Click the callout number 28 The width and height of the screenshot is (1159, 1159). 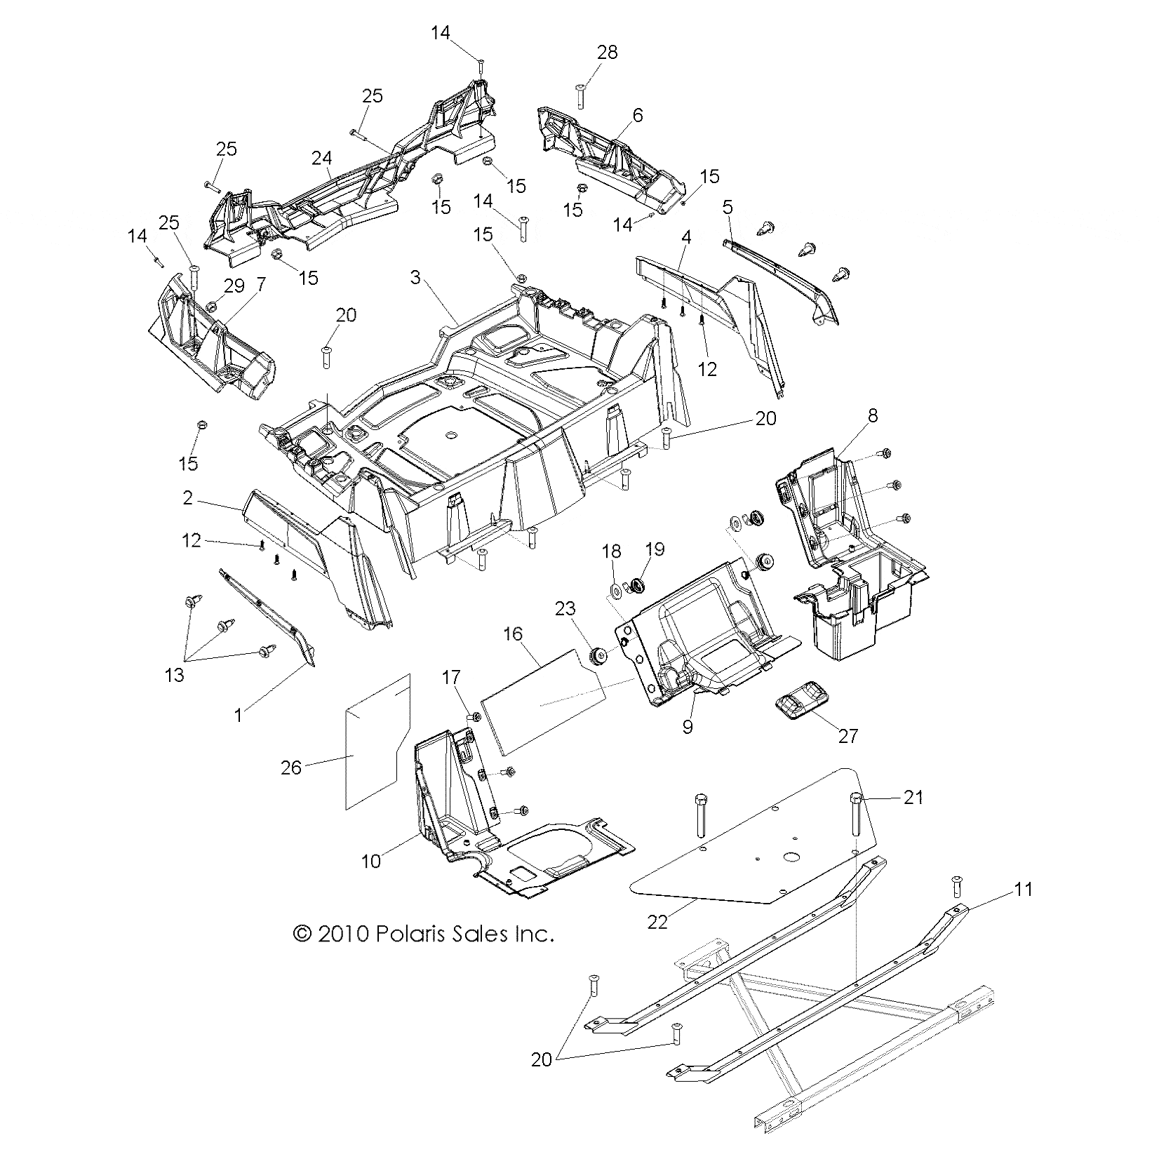pos(608,53)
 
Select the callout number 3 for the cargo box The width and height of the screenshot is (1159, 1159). pos(415,279)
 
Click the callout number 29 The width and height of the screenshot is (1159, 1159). pos(234,286)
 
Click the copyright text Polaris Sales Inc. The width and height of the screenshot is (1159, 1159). pos(423,934)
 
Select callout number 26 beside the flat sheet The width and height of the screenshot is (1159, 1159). pos(291,768)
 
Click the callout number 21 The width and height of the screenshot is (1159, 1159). pos(913,798)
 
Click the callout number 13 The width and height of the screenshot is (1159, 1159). pos(174,674)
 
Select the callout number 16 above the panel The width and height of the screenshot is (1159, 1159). pos(513,634)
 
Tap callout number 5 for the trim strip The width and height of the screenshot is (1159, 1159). pos(728,208)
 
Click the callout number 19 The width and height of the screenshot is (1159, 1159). pos(655,549)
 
